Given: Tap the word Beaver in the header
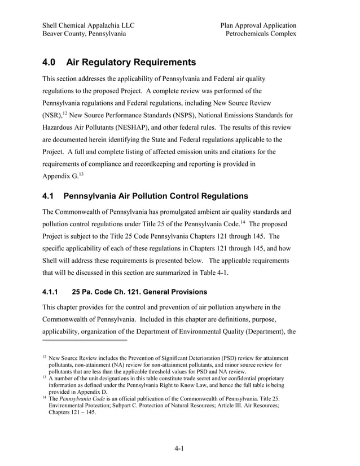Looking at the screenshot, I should coord(55,34).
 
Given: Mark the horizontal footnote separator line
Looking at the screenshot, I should coord(85,340).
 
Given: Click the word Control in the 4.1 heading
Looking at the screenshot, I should coord(186,197).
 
